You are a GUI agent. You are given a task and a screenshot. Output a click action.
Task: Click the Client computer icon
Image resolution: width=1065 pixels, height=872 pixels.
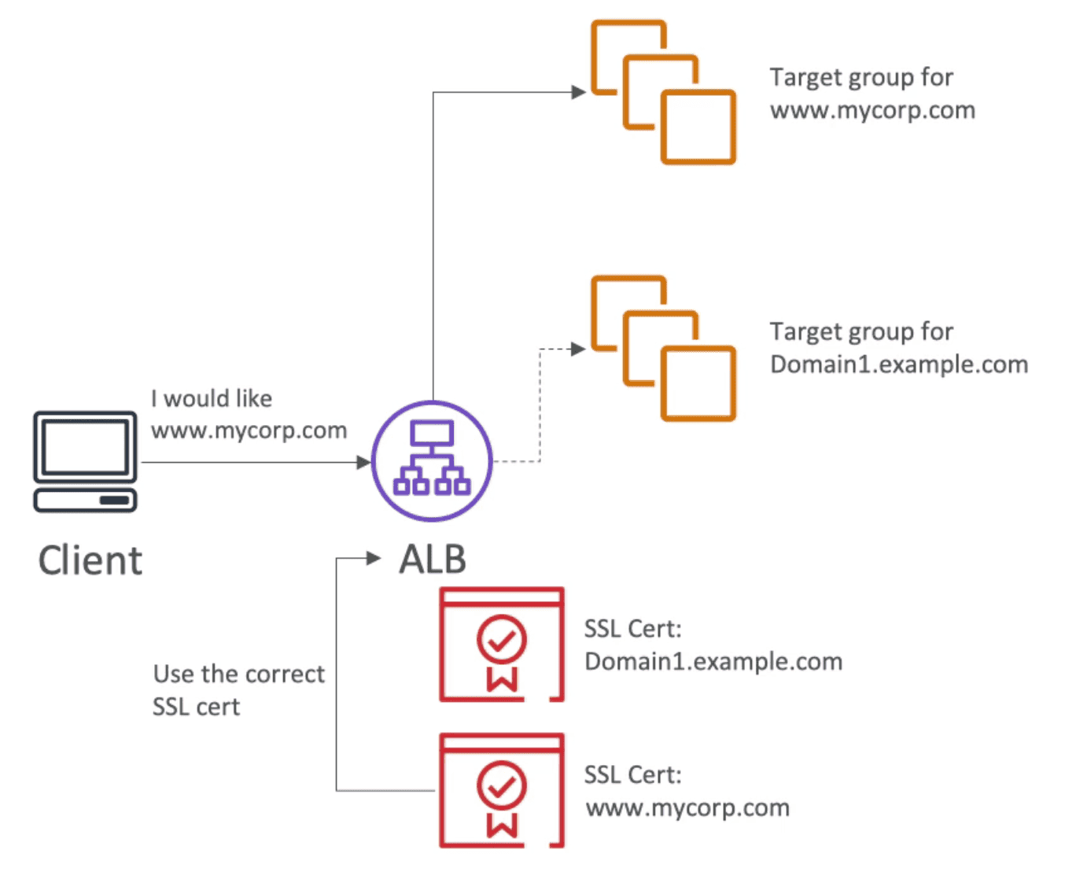pos(85,460)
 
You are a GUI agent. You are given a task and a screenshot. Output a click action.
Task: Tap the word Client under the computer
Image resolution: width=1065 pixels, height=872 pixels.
pos(90,561)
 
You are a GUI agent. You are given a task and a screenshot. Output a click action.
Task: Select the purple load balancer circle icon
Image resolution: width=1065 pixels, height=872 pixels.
pos(432,461)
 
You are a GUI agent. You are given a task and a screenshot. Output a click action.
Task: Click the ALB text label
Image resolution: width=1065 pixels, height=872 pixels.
pos(432,560)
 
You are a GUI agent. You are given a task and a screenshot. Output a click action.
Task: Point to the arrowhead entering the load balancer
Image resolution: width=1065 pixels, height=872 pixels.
pos(363,462)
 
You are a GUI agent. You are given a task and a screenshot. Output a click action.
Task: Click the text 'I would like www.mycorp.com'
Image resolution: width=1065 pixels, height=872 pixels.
pos(248,415)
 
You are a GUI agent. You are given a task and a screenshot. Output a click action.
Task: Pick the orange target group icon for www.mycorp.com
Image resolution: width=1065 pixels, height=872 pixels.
pos(663,92)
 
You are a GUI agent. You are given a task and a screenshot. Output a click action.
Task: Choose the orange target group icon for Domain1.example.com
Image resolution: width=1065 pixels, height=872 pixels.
pos(663,348)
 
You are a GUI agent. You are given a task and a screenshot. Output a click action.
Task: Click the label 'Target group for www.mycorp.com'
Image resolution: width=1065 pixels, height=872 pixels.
pos(872,94)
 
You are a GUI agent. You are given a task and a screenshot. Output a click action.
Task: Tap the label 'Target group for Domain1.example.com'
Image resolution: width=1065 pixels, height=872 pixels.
pos(898,348)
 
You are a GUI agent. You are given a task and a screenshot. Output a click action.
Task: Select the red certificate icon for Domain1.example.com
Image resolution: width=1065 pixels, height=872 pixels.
pos(502,644)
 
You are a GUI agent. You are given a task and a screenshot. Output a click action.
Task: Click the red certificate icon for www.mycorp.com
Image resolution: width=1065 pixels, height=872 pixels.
pos(502,790)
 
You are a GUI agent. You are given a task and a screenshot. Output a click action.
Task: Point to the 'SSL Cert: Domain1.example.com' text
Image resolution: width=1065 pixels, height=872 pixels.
pos(713,645)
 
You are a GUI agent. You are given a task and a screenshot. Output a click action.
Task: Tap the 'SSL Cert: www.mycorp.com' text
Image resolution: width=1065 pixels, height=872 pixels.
pos(687,792)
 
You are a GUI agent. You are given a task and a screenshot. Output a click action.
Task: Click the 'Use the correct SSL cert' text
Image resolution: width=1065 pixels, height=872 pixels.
pos(238,690)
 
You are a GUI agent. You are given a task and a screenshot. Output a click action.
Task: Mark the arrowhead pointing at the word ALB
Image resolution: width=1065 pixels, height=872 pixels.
pos(374,559)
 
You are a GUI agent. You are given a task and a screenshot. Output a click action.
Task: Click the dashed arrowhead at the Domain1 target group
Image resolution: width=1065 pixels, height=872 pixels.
pos(578,348)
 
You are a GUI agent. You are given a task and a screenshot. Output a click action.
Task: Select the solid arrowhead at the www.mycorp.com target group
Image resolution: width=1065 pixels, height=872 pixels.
pos(578,92)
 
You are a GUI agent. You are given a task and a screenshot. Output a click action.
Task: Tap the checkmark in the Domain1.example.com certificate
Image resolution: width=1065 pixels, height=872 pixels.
pos(502,641)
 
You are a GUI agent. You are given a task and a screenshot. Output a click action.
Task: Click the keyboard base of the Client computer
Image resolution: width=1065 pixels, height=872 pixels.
pos(85,501)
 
